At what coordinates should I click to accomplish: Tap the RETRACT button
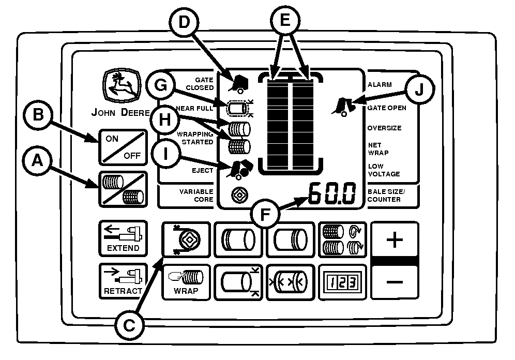tap(123, 281)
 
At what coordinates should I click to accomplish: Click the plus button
tap(394, 240)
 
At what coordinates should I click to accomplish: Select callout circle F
tap(264, 213)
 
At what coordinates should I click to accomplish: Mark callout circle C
tap(130, 324)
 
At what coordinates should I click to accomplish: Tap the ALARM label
tap(380, 84)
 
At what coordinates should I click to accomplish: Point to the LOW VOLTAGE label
tap(383, 170)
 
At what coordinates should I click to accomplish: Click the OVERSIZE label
tap(384, 128)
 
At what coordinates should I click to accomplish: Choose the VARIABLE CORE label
tap(196, 195)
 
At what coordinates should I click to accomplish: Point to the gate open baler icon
tap(342, 105)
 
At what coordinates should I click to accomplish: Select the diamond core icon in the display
tap(239, 194)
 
